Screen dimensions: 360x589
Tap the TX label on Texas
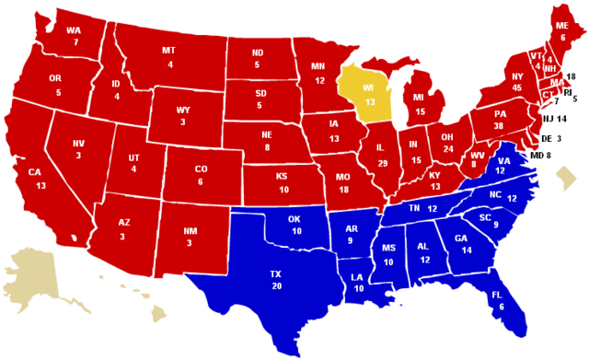coord(275,274)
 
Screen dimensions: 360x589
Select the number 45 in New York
coord(516,87)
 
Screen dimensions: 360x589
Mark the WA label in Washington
coord(73,29)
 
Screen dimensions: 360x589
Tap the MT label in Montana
coord(170,50)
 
